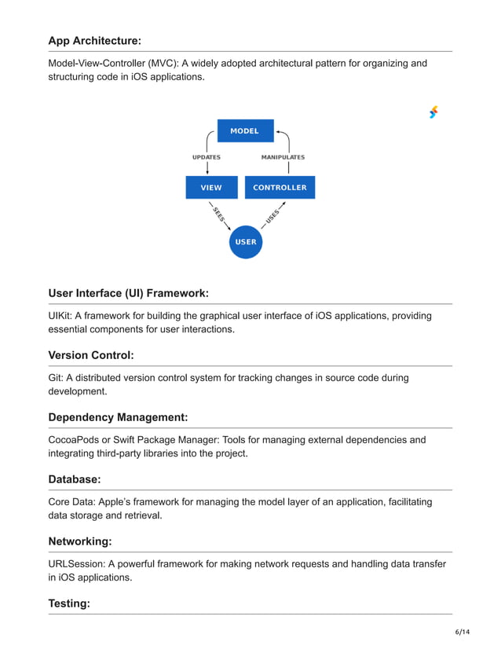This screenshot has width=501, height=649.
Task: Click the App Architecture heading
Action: point(94,41)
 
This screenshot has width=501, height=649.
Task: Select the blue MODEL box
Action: point(245,130)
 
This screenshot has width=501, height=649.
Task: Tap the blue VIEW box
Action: point(211,188)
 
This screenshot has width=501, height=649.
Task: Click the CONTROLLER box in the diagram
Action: point(280,188)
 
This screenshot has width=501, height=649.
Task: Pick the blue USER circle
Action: point(246,241)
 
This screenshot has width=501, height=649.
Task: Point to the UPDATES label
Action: point(207,157)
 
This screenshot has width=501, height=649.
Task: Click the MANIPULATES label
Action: point(283,157)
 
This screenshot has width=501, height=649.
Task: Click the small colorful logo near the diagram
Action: point(433,112)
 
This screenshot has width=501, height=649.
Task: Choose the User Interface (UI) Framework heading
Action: point(128,293)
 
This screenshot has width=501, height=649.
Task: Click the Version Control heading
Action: point(91,355)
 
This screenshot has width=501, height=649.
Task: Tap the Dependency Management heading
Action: point(118,416)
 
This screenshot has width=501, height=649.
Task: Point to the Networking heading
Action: point(80,541)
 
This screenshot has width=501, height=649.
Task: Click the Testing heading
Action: point(69,603)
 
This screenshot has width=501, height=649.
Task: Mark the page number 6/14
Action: point(462,632)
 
